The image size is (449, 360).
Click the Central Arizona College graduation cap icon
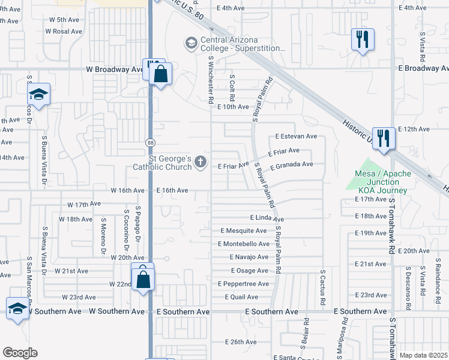191,43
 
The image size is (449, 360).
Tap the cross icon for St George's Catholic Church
200,161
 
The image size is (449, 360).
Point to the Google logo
20,352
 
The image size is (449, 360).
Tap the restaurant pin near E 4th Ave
362,40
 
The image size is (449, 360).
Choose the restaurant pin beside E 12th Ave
383,138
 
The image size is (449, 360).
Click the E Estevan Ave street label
296,137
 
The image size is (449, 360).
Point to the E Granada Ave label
292,165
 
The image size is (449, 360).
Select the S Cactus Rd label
322,281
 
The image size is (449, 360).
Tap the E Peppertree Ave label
243,283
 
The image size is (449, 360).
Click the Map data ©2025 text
423,355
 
